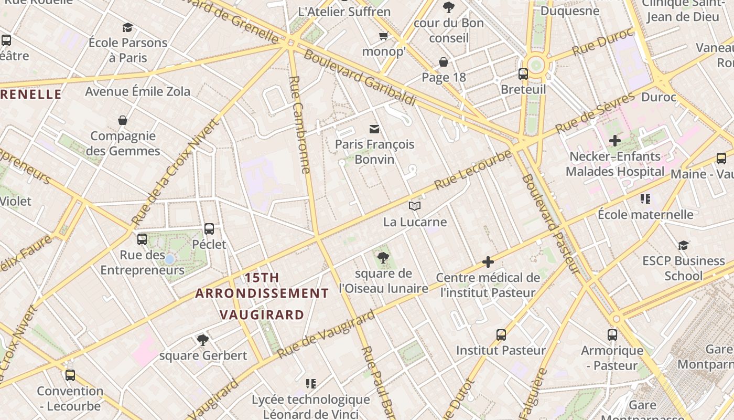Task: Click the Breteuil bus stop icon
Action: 523,74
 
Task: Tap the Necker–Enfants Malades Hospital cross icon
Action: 615,141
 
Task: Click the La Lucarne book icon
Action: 415,206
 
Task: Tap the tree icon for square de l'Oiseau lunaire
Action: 383,257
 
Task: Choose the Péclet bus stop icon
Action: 209,228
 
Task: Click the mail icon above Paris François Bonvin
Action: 374,129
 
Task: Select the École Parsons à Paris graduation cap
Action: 127,27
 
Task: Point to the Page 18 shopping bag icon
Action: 444,62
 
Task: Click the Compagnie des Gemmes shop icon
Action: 123,121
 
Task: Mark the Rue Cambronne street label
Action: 300,125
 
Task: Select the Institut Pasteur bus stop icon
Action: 501,334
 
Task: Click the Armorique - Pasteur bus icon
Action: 612,334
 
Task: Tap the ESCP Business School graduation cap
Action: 683,245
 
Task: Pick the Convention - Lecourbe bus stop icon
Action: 70,375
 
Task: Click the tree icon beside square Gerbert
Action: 203,340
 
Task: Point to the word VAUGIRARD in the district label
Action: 262,315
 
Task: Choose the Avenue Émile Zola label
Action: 138,91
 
